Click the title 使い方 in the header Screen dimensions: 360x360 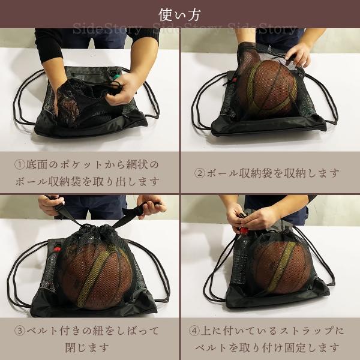pos(180,14)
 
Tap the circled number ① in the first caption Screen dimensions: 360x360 pos(20,164)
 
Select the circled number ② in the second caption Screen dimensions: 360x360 pos(200,173)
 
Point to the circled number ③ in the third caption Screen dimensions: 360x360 pos(20,331)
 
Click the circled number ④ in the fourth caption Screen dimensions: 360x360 pos(194,331)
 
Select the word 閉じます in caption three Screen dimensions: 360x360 pos(87,347)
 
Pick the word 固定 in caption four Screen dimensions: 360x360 pos(295,347)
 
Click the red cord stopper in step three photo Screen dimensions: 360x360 pos(57,250)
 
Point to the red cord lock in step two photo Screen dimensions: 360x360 pos(234,80)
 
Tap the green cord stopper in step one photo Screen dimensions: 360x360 pos(116,76)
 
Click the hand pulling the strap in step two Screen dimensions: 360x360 pos(298,55)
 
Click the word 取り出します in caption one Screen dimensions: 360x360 pos(126,181)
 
